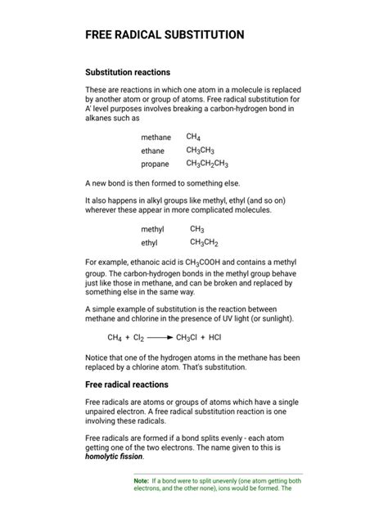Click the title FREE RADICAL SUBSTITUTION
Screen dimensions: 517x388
(165, 35)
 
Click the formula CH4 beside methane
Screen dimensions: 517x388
(193, 137)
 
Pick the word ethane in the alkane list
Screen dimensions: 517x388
(152, 151)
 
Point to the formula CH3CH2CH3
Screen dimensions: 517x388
(206, 164)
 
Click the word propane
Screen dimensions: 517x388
(155, 164)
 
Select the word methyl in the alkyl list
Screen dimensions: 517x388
(152, 230)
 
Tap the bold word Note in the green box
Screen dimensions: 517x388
(140, 481)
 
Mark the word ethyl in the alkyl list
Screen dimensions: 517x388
(150, 243)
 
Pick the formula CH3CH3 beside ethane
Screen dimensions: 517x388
(200, 151)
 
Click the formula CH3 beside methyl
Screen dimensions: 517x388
(197, 230)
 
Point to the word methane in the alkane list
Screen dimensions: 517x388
(156, 137)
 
